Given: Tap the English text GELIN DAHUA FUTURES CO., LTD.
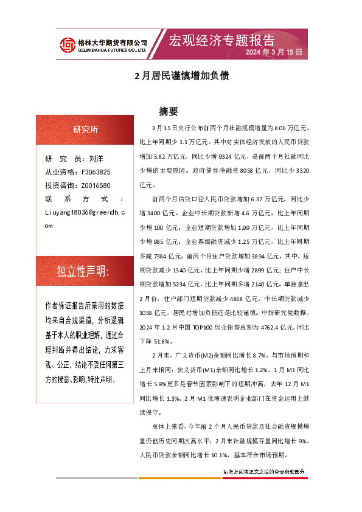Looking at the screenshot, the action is (x=111, y=50).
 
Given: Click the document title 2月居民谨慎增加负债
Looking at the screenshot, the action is (x=181, y=77).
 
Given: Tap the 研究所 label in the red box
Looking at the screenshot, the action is (x=85, y=130).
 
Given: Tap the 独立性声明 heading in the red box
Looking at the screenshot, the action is (x=83, y=271).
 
